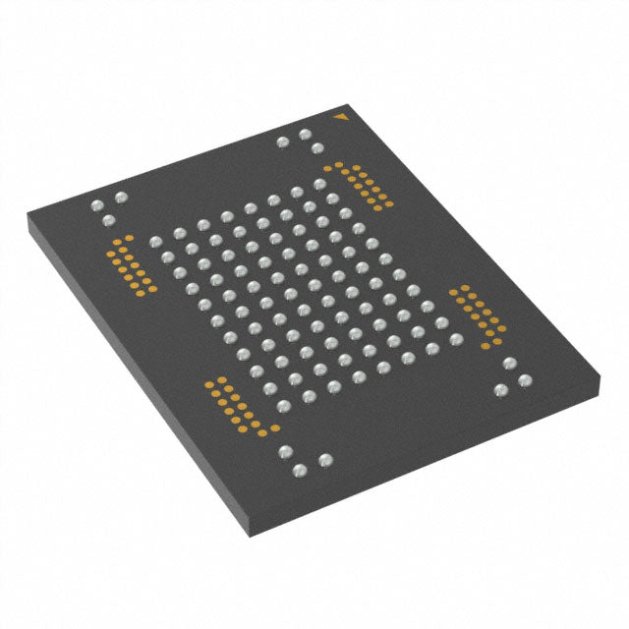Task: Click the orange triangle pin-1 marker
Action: [x=340, y=118]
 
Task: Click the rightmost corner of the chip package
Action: [x=602, y=371]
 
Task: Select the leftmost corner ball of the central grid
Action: [x=154, y=242]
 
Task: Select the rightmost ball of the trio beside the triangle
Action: [x=317, y=149]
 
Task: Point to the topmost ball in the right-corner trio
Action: [x=508, y=364]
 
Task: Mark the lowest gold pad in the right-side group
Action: [x=488, y=343]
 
